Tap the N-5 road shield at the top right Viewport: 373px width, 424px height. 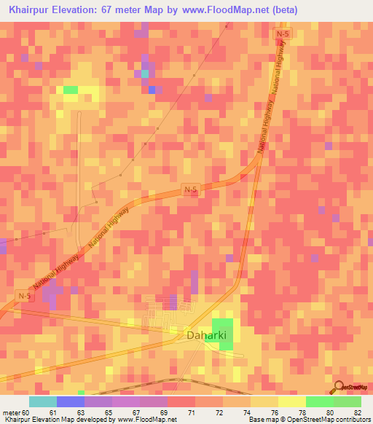tap(283, 34)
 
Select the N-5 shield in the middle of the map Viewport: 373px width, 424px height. tap(190, 189)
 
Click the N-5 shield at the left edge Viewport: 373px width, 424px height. tap(24, 295)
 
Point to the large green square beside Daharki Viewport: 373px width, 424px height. tap(224, 334)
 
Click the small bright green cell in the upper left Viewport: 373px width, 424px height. tap(71, 90)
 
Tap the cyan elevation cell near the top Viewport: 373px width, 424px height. tap(144, 73)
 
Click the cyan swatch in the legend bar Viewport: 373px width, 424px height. tap(43, 401)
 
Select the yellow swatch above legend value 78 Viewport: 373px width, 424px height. tap(292, 401)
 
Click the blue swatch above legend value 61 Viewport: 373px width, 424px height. tap(71, 401)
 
